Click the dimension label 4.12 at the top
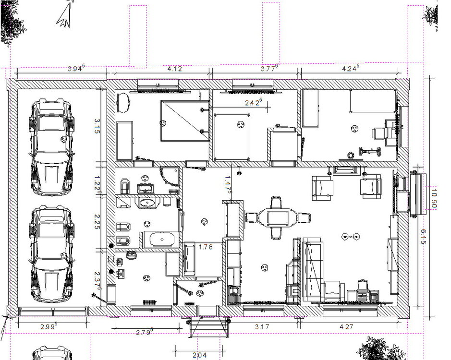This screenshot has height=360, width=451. [x=175, y=69]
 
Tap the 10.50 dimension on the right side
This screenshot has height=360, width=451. [x=434, y=199]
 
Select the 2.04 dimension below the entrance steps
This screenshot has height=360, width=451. [x=200, y=355]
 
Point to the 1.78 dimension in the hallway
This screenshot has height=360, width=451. [x=206, y=247]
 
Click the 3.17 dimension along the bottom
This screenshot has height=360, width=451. [x=262, y=327]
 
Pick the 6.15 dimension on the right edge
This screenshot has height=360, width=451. [x=423, y=237]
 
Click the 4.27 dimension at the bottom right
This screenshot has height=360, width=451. [x=346, y=327]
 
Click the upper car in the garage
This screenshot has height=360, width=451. [x=51, y=147]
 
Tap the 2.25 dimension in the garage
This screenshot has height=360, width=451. [x=97, y=222]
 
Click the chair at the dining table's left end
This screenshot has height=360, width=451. [x=251, y=217]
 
